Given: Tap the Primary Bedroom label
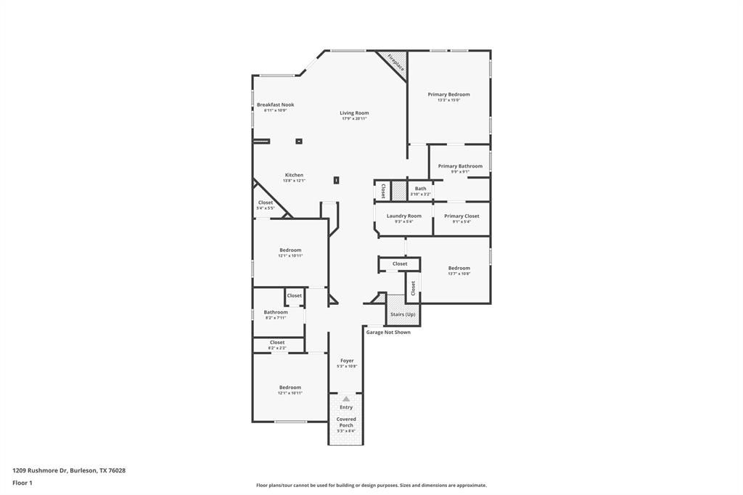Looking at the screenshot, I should pyautogui.click(x=448, y=94).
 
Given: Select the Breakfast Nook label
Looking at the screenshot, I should pyautogui.click(x=275, y=105).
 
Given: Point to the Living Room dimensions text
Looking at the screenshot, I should pyautogui.click(x=355, y=118).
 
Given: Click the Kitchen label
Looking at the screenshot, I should pyautogui.click(x=294, y=175).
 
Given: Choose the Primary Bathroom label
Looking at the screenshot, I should pyautogui.click(x=460, y=166).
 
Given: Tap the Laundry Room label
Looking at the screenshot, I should pyautogui.click(x=403, y=216).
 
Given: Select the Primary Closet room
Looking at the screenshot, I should pyautogui.click(x=461, y=218).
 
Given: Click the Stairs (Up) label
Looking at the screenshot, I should pyautogui.click(x=403, y=314).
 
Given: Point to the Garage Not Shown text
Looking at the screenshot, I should pyautogui.click(x=388, y=332).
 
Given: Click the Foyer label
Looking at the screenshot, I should pyautogui.click(x=347, y=360).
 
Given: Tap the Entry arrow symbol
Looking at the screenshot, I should pyautogui.click(x=346, y=398).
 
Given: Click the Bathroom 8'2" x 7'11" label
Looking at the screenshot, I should pyautogui.click(x=276, y=312).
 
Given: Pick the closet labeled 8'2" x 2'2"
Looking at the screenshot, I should pyautogui.click(x=277, y=345).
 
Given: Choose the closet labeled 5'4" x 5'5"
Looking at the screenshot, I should pyautogui.click(x=266, y=205).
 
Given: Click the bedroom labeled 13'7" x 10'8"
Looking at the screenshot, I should pyautogui.click(x=459, y=271).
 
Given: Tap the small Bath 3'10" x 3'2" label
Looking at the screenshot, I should pyautogui.click(x=421, y=189).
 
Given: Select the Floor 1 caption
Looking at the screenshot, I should pyautogui.click(x=22, y=483).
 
